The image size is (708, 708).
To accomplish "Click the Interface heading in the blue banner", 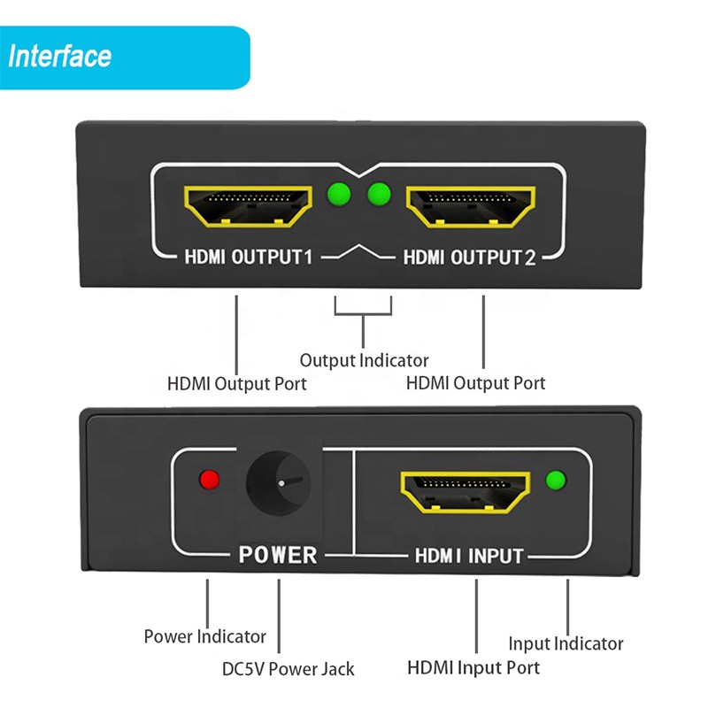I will (60, 58).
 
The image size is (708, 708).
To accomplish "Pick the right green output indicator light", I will (380, 192).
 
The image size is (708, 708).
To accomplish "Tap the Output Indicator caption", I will (364, 360).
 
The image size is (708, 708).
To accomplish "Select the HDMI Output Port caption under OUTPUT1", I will (237, 384).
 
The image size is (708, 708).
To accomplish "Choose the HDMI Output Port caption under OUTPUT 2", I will (475, 383).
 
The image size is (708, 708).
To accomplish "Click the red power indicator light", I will (210, 480).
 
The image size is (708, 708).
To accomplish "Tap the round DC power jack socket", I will (278, 484).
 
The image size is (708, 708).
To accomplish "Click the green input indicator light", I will (557, 481).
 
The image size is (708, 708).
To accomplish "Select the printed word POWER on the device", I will (277, 555).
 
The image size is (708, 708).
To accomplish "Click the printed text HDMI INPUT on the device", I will (469, 556).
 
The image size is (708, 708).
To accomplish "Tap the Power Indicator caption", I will (204, 636).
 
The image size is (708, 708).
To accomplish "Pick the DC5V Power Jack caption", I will (289, 668).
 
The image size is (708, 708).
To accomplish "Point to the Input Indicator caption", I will (566, 643).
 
